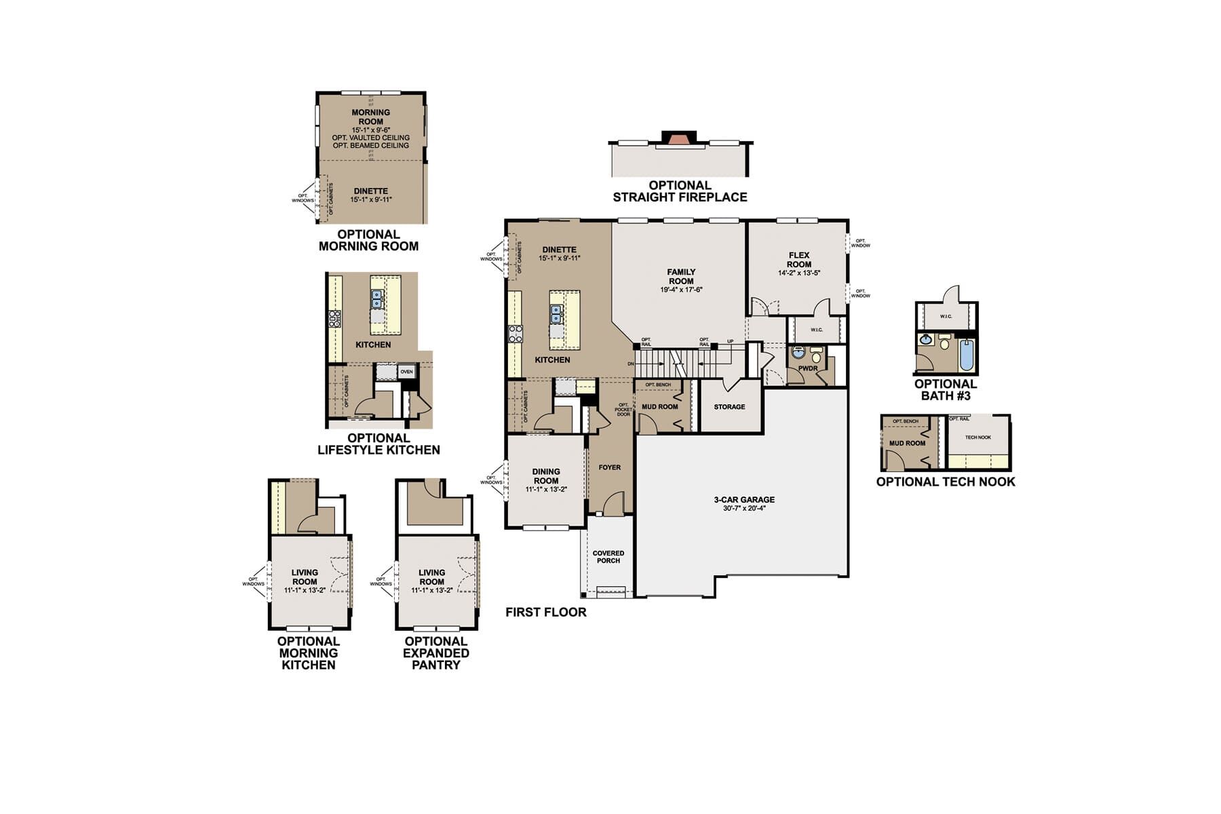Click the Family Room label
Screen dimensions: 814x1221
[681, 277]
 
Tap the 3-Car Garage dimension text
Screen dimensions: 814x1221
[744, 508]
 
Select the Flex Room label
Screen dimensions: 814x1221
[799, 260]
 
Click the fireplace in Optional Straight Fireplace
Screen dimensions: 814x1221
[679, 138]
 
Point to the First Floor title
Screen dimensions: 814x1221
[545, 612]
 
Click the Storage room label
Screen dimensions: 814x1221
[729, 407]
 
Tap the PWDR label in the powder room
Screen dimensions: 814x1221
[807, 368]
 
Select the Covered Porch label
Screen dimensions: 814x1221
[608, 557]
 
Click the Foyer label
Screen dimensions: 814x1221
[609, 467]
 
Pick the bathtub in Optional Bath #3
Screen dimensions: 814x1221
[966, 355]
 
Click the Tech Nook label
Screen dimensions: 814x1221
[977, 438]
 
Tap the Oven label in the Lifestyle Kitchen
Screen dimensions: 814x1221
[406, 372]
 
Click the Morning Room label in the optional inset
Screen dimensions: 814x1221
[370, 117]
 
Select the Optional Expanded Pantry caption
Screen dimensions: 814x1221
[435, 653]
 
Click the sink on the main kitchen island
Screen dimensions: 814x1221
[556, 314]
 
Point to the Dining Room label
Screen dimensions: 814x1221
[546, 476]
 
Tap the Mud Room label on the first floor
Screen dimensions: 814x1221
[659, 407]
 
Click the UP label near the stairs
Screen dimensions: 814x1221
[730, 341]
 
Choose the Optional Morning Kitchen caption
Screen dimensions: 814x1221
[308, 653]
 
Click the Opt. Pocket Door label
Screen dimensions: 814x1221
[623, 410]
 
